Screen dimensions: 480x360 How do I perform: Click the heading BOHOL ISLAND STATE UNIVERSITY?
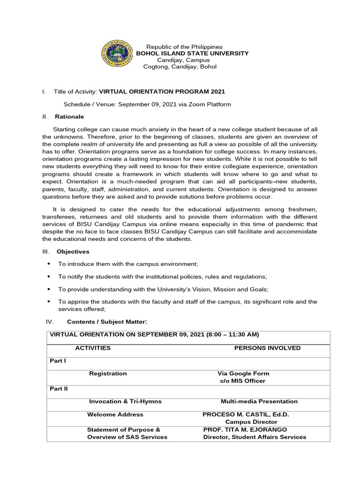(192, 53)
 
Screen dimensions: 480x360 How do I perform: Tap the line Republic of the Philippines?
(184, 47)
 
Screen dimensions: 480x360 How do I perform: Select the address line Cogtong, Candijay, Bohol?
(180, 67)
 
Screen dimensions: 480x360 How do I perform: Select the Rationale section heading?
(70, 117)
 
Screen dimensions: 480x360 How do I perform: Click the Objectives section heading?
(73, 252)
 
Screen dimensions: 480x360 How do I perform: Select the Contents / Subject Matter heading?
(107, 322)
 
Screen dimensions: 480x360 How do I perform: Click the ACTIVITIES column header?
(93, 348)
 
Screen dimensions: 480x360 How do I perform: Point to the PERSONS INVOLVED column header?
(267, 348)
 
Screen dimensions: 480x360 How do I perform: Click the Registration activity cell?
(108, 374)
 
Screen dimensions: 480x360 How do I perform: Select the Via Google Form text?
(243, 374)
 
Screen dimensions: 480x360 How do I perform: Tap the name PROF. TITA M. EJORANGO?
(245, 429)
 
